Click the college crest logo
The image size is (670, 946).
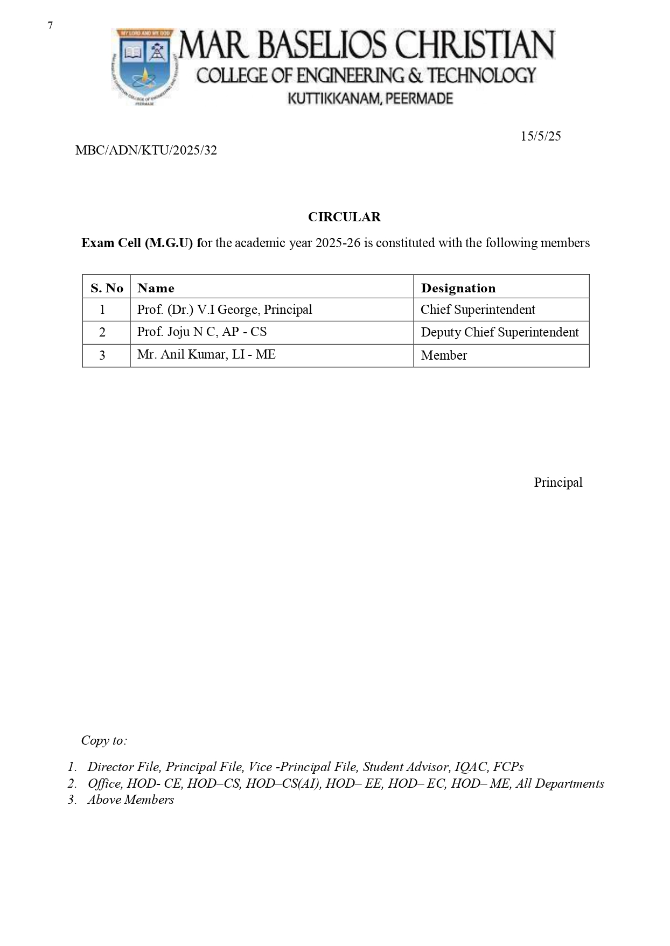[x=144, y=66]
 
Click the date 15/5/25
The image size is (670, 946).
[x=540, y=136]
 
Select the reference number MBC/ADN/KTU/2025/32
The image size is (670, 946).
[x=146, y=151]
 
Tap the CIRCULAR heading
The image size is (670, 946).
[x=344, y=217]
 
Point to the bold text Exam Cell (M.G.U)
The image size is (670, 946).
[x=137, y=243]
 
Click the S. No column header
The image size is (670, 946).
[x=107, y=288]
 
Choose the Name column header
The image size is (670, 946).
[x=156, y=288]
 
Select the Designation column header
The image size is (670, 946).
[x=458, y=288]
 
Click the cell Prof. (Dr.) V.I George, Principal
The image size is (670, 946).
[x=225, y=310]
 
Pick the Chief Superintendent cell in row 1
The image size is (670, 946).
[x=478, y=310]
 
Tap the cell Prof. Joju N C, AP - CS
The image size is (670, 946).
[x=202, y=332]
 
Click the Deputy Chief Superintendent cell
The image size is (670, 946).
[x=499, y=332]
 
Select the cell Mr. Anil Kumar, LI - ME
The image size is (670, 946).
[x=206, y=354]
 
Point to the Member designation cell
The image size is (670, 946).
[x=444, y=355]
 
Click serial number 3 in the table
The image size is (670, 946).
[x=102, y=355]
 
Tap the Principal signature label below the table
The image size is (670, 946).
[x=558, y=482]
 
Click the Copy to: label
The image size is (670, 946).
[x=104, y=740]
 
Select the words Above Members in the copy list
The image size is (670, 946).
[x=131, y=800]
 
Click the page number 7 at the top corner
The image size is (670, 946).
[x=50, y=25]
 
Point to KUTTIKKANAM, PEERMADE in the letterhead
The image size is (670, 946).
[x=371, y=99]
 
